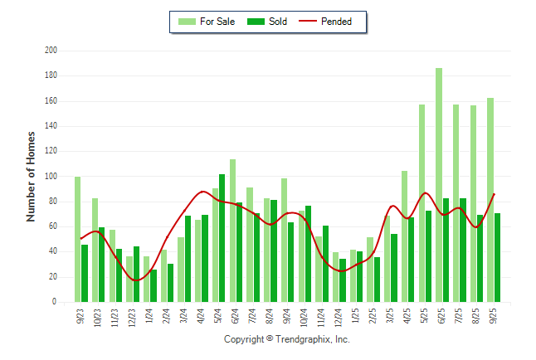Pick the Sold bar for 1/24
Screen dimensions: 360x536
coord(153,286)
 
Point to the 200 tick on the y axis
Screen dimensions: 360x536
coord(51,51)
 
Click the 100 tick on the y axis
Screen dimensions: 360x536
coord(51,177)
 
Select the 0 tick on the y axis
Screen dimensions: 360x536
coord(55,302)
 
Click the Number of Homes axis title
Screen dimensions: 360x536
coord(32,176)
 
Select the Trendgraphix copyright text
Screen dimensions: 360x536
coord(287,339)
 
